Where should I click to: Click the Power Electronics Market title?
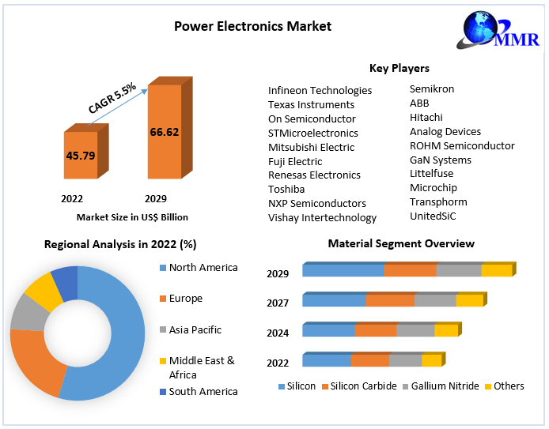[252, 26]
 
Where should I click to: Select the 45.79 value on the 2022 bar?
[81, 156]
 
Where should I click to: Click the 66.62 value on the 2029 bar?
[164, 131]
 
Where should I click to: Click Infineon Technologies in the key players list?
[320, 90]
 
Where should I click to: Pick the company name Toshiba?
[286, 189]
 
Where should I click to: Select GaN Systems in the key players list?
[440, 160]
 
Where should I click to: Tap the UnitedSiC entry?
[433, 216]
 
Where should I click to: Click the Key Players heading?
[399, 69]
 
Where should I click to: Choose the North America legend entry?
[203, 268]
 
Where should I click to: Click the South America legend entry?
[203, 391]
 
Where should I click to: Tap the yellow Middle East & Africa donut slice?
[43, 290]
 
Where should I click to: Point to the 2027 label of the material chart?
[278, 303]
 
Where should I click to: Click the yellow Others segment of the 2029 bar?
[497, 270]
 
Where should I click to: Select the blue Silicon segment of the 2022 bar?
[327, 361]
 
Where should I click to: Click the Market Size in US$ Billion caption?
[132, 216]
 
